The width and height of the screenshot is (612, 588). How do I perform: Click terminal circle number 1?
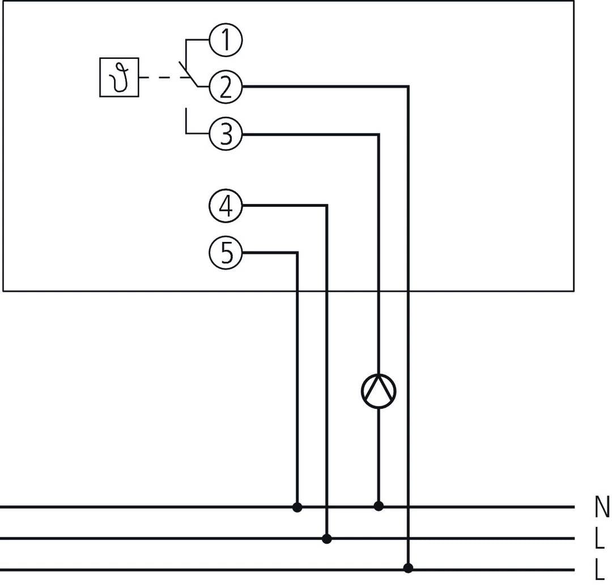(x=226, y=41)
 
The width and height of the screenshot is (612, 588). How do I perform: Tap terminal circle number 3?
(x=226, y=135)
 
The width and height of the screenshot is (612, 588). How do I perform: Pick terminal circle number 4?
(x=226, y=206)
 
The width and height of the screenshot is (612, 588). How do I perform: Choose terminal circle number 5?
(x=226, y=253)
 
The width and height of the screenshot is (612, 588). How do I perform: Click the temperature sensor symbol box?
(x=119, y=78)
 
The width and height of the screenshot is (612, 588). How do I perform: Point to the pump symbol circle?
(x=379, y=391)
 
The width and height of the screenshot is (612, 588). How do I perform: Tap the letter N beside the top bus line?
(x=602, y=507)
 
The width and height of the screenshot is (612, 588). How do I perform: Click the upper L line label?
(x=600, y=539)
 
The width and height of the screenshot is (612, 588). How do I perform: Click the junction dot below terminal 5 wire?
(x=297, y=507)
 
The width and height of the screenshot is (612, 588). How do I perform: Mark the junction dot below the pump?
(x=379, y=506)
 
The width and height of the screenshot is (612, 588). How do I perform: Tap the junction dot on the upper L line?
(x=326, y=539)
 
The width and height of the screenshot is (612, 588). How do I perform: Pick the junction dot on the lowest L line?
(x=408, y=568)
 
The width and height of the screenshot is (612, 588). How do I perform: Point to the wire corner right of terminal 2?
(x=408, y=87)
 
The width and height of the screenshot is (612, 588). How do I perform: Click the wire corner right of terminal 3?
(x=379, y=135)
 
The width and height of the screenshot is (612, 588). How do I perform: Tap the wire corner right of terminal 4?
(x=326, y=206)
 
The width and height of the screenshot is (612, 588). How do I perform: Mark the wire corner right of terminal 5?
(x=297, y=253)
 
